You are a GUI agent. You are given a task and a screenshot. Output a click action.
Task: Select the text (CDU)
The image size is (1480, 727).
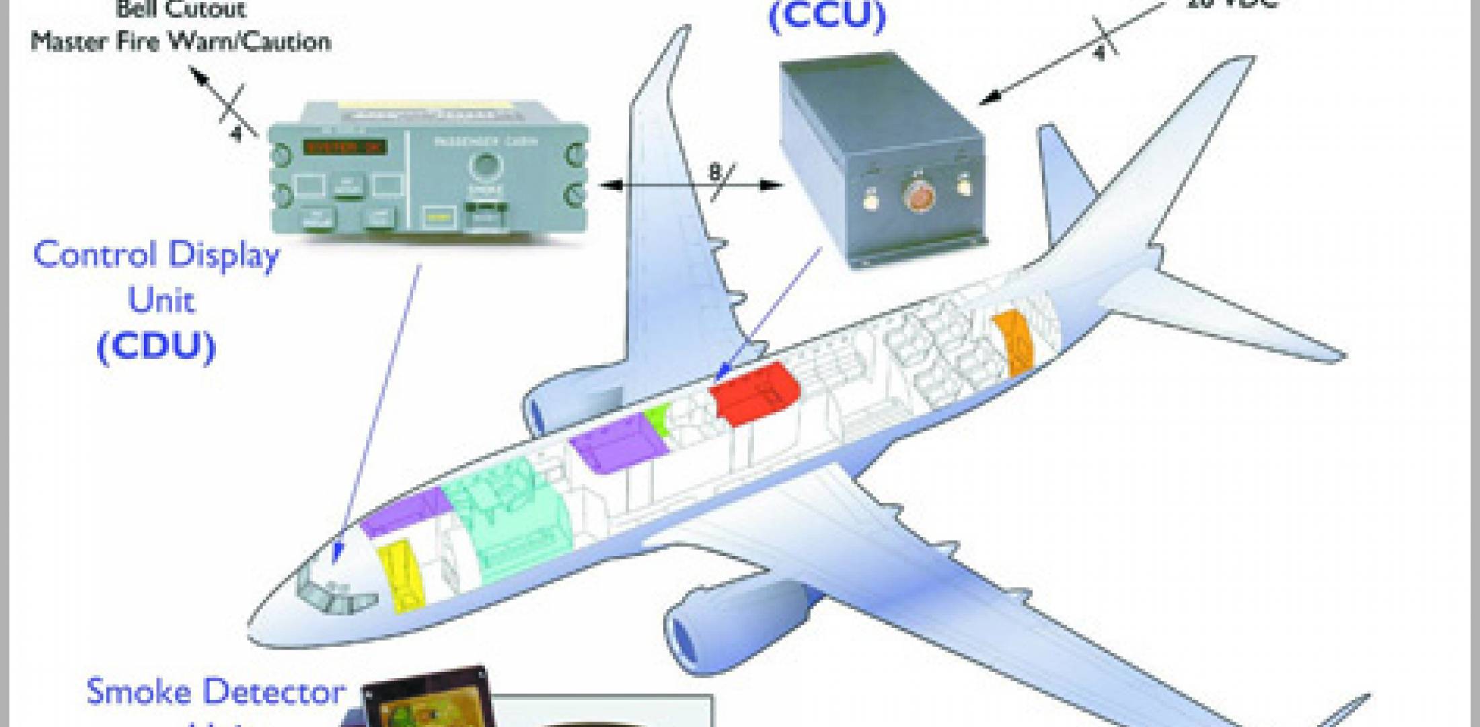coord(156,347)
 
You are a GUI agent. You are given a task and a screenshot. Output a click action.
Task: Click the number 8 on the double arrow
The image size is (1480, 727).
coord(714,174)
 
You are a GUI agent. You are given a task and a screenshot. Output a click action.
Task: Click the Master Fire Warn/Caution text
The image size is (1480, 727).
coord(180,42)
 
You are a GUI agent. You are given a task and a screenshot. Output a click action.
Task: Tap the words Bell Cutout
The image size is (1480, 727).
coord(180,9)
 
